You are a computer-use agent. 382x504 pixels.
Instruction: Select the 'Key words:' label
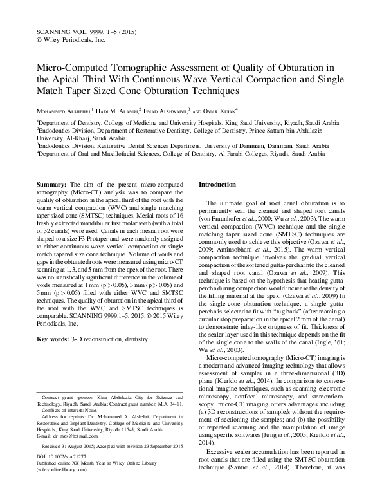(x=53, y=338)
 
